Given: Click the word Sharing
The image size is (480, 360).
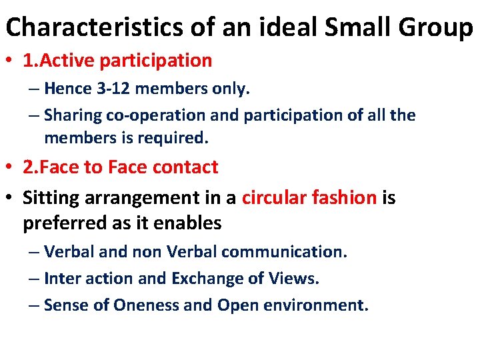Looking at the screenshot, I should point(73,115).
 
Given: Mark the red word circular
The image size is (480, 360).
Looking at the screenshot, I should point(273,198).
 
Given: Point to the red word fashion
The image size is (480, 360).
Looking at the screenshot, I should point(343,198).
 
